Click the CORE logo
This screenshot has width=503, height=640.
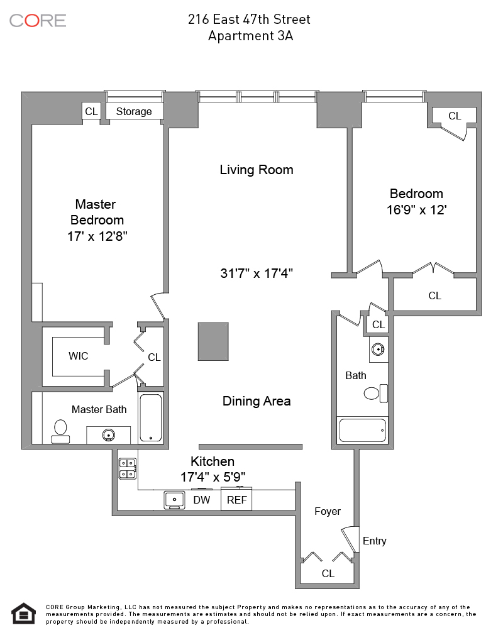click(x=38, y=20)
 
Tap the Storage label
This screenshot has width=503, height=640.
click(x=134, y=111)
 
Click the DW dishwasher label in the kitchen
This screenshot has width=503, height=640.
click(x=201, y=500)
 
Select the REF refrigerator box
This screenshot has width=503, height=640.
click(x=237, y=500)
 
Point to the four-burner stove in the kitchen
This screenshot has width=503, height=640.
click(x=128, y=468)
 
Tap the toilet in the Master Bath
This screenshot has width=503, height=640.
click(x=60, y=431)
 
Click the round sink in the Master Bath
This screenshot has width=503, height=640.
click(x=109, y=434)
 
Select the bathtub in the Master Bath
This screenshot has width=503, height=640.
click(x=151, y=418)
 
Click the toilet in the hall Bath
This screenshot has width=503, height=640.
click(x=373, y=394)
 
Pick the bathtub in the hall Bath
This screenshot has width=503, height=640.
click(x=362, y=431)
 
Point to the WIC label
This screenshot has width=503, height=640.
click(x=78, y=356)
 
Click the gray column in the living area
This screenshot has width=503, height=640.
click(x=213, y=341)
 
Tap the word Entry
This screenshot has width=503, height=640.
click(x=375, y=541)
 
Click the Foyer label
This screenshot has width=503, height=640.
click(x=328, y=511)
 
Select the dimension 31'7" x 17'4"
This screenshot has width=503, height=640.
click(x=257, y=273)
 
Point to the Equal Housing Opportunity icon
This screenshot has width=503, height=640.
click(x=24, y=613)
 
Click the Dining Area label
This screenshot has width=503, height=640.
click(x=257, y=401)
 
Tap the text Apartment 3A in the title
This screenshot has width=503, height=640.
click(x=250, y=36)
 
